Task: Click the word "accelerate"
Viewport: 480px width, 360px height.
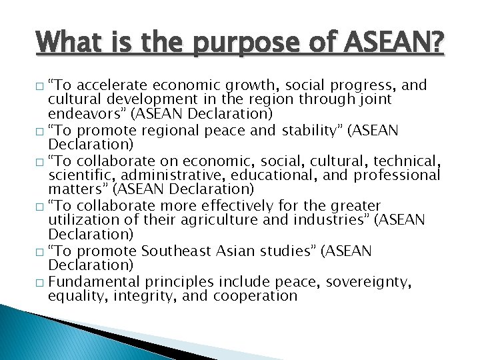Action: [x=115, y=86]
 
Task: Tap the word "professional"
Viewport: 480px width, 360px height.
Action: [x=397, y=175]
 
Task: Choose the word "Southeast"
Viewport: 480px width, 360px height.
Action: [x=179, y=251]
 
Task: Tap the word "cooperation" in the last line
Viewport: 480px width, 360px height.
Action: [x=258, y=296]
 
